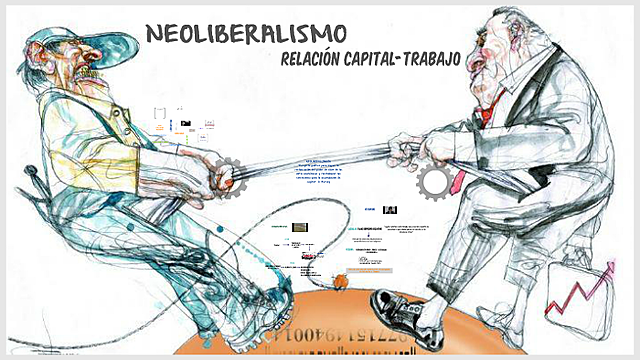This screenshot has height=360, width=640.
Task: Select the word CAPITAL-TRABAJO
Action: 409,59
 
